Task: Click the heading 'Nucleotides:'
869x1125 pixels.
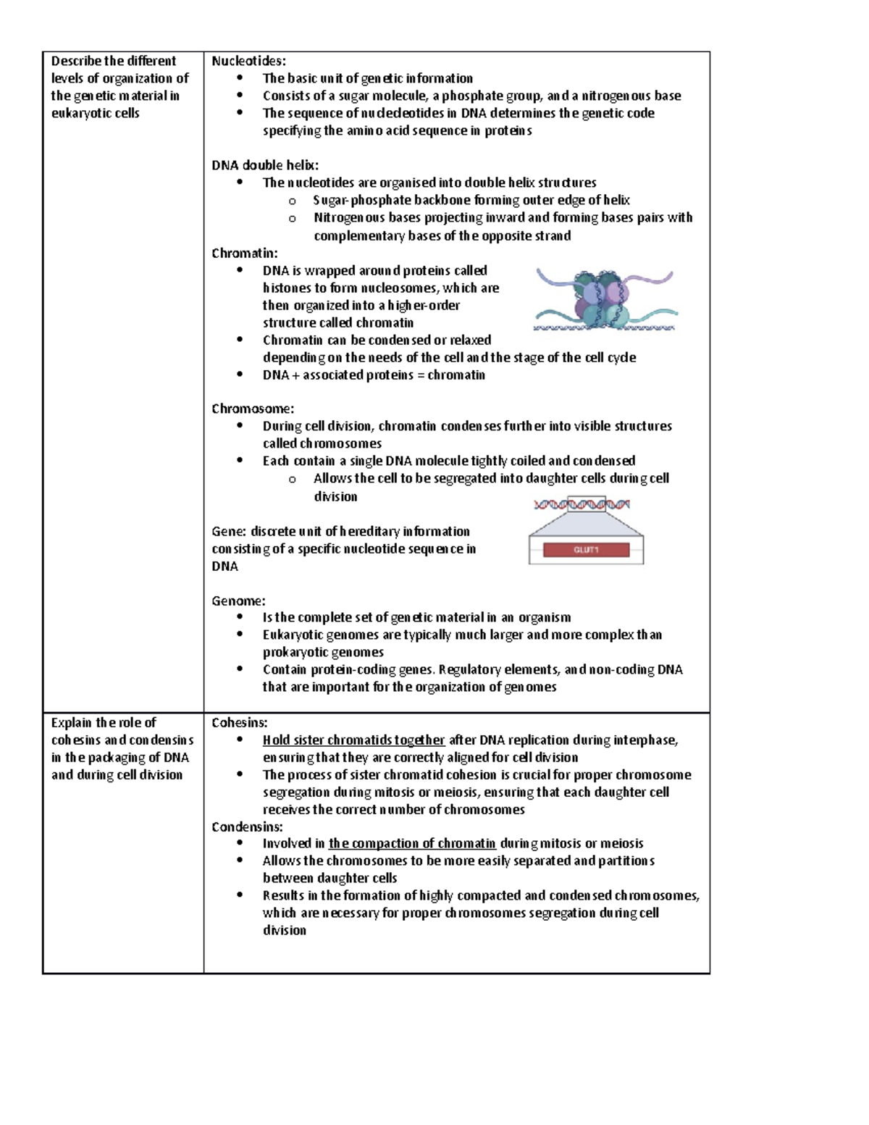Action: tap(248, 61)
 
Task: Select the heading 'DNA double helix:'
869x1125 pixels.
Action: tap(264, 165)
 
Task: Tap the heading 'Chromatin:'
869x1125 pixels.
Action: tap(244, 253)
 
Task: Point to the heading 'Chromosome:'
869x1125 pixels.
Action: tap(252, 409)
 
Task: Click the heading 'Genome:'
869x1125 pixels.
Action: tap(238, 601)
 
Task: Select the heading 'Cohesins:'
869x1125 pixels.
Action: tap(239, 722)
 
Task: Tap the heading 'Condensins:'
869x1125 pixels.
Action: tap(247, 827)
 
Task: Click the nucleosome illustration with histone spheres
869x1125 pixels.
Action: tap(605, 300)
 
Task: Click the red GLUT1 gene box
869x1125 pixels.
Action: tap(586, 550)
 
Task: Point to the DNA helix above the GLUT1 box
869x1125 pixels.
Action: tap(582, 504)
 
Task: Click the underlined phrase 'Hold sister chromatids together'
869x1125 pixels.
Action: tap(353, 740)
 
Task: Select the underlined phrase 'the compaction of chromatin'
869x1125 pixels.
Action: tap(412, 843)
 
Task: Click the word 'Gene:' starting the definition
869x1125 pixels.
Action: tap(229, 531)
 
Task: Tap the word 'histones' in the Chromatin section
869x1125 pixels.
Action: tap(286, 288)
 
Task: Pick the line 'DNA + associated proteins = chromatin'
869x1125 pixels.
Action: tap(374, 375)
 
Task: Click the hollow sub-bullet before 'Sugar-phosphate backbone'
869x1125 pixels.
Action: tap(293, 201)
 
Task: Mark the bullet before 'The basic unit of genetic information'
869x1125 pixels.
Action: tap(240, 78)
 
